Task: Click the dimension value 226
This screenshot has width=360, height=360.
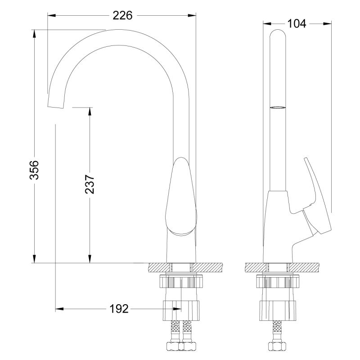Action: pos(122,15)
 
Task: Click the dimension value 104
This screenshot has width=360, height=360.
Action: pos(297,23)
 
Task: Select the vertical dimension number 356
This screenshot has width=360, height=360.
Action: pos(35,169)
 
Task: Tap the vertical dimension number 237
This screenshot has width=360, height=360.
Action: pos(90,184)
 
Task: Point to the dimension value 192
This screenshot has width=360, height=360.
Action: pos(119,309)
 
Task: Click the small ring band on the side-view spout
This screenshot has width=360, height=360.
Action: pos(278,108)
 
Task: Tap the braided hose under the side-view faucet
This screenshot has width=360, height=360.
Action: pos(278,331)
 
